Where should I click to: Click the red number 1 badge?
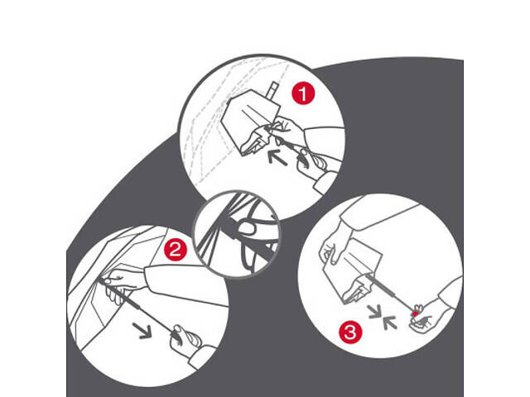303,93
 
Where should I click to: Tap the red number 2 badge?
176,250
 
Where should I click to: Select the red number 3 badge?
350,332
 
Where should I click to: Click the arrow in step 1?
277,158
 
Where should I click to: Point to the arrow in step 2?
142,331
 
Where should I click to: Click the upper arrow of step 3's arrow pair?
375,312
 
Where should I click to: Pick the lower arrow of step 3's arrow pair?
390,322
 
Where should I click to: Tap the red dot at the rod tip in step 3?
415,313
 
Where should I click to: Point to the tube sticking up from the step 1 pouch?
272,90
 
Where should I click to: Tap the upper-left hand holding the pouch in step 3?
334,246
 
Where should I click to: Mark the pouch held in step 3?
354,270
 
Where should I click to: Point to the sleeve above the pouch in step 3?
378,213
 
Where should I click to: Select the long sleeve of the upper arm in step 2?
186,284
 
